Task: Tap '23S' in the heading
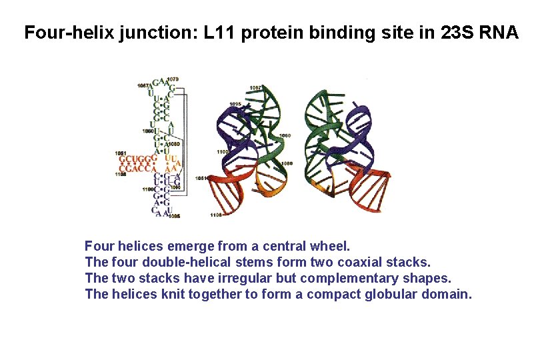point(459,33)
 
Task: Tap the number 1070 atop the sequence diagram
point(172,79)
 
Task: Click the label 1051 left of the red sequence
point(121,153)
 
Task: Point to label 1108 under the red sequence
point(121,175)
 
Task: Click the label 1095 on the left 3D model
point(235,104)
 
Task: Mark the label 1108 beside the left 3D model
point(215,215)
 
